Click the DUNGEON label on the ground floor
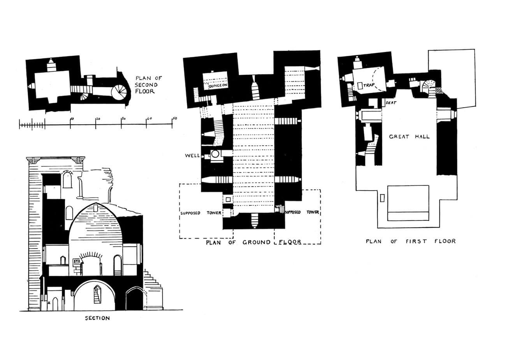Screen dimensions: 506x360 coord(219,85)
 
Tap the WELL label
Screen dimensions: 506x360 coord(192,155)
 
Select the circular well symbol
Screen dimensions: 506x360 coord(215,154)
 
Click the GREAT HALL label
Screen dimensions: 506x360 coord(409,137)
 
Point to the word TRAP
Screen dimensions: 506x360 coord(369,85)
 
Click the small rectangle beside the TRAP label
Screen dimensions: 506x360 coord(360,85)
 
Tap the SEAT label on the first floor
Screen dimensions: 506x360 coord(391,103)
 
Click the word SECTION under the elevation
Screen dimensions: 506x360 coord(97,318)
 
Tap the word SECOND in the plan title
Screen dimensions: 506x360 coord(146,85)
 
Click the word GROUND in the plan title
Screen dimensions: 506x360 coord(257,242)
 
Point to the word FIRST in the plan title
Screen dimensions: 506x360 coord(416,241)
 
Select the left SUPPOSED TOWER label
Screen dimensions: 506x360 coord(200,213)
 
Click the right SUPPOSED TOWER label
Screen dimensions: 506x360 coord(302,212)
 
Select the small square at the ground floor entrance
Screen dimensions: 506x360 coord(228,199)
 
